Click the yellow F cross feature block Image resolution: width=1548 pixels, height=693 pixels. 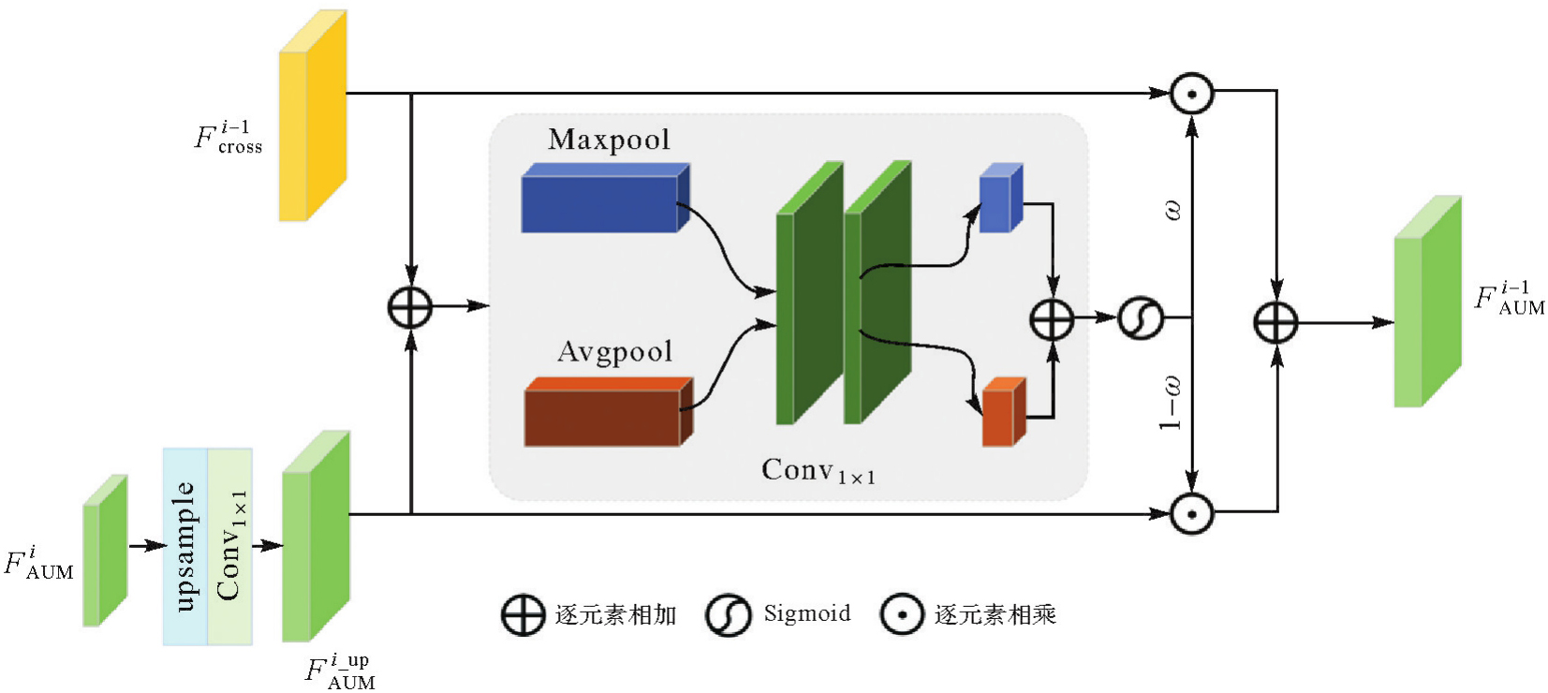(x=312, y=117)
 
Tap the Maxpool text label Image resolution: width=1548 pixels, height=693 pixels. (x=609, y=140)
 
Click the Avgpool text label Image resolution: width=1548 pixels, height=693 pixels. (x=614, y=351)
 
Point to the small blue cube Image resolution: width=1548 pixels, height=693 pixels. (x=999, y=199)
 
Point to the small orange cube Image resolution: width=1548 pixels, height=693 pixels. (x=1003, y=414)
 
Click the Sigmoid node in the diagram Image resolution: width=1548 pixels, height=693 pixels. (x=1141, y=318)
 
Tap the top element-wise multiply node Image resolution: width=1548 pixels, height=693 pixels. (x=1191, y=94)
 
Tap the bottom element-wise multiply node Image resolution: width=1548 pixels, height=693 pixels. (x=1191, y=513)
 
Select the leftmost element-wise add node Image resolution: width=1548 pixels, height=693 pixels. (x=410, y=307)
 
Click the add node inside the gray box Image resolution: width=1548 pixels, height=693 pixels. (x=1052, y=318)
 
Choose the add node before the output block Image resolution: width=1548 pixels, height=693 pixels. (x=1275, y=323)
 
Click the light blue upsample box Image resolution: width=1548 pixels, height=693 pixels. (x=185, y=546)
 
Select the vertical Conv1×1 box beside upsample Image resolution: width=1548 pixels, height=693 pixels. (x=229, y=546)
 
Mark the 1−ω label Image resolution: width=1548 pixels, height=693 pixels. (x=1171, y=403)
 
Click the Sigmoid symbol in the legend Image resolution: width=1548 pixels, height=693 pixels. (x=728, y=615)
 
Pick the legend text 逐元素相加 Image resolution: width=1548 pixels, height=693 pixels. (x=615, y=615)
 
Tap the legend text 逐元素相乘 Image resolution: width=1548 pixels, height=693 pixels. (x=995, y=615)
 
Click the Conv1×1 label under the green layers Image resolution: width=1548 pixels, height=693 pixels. (x=818, y=470)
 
